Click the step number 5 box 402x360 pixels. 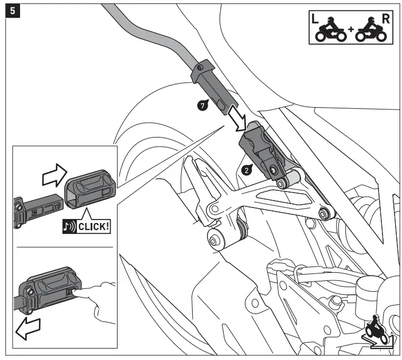tap(11, 11)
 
